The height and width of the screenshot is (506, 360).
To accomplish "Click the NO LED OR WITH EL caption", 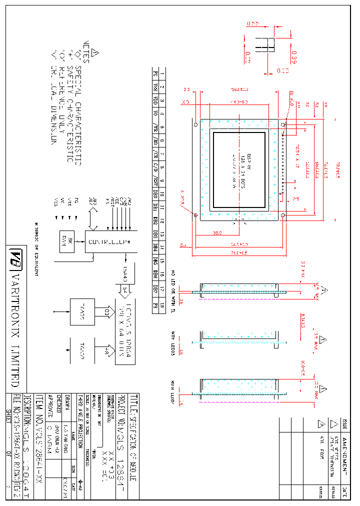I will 173,287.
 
